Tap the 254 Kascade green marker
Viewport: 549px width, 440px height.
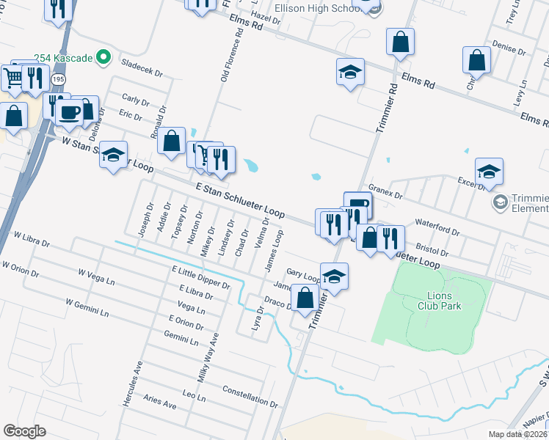103,56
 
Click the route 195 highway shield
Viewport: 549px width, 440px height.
60,78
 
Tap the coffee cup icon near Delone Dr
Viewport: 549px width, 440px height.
70,113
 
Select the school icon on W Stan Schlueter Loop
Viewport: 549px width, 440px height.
113,155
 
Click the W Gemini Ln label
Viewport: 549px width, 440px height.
87,307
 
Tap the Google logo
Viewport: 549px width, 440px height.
25,430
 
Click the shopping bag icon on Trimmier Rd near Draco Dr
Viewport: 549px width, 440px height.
306,298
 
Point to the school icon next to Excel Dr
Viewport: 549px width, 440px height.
489,172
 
